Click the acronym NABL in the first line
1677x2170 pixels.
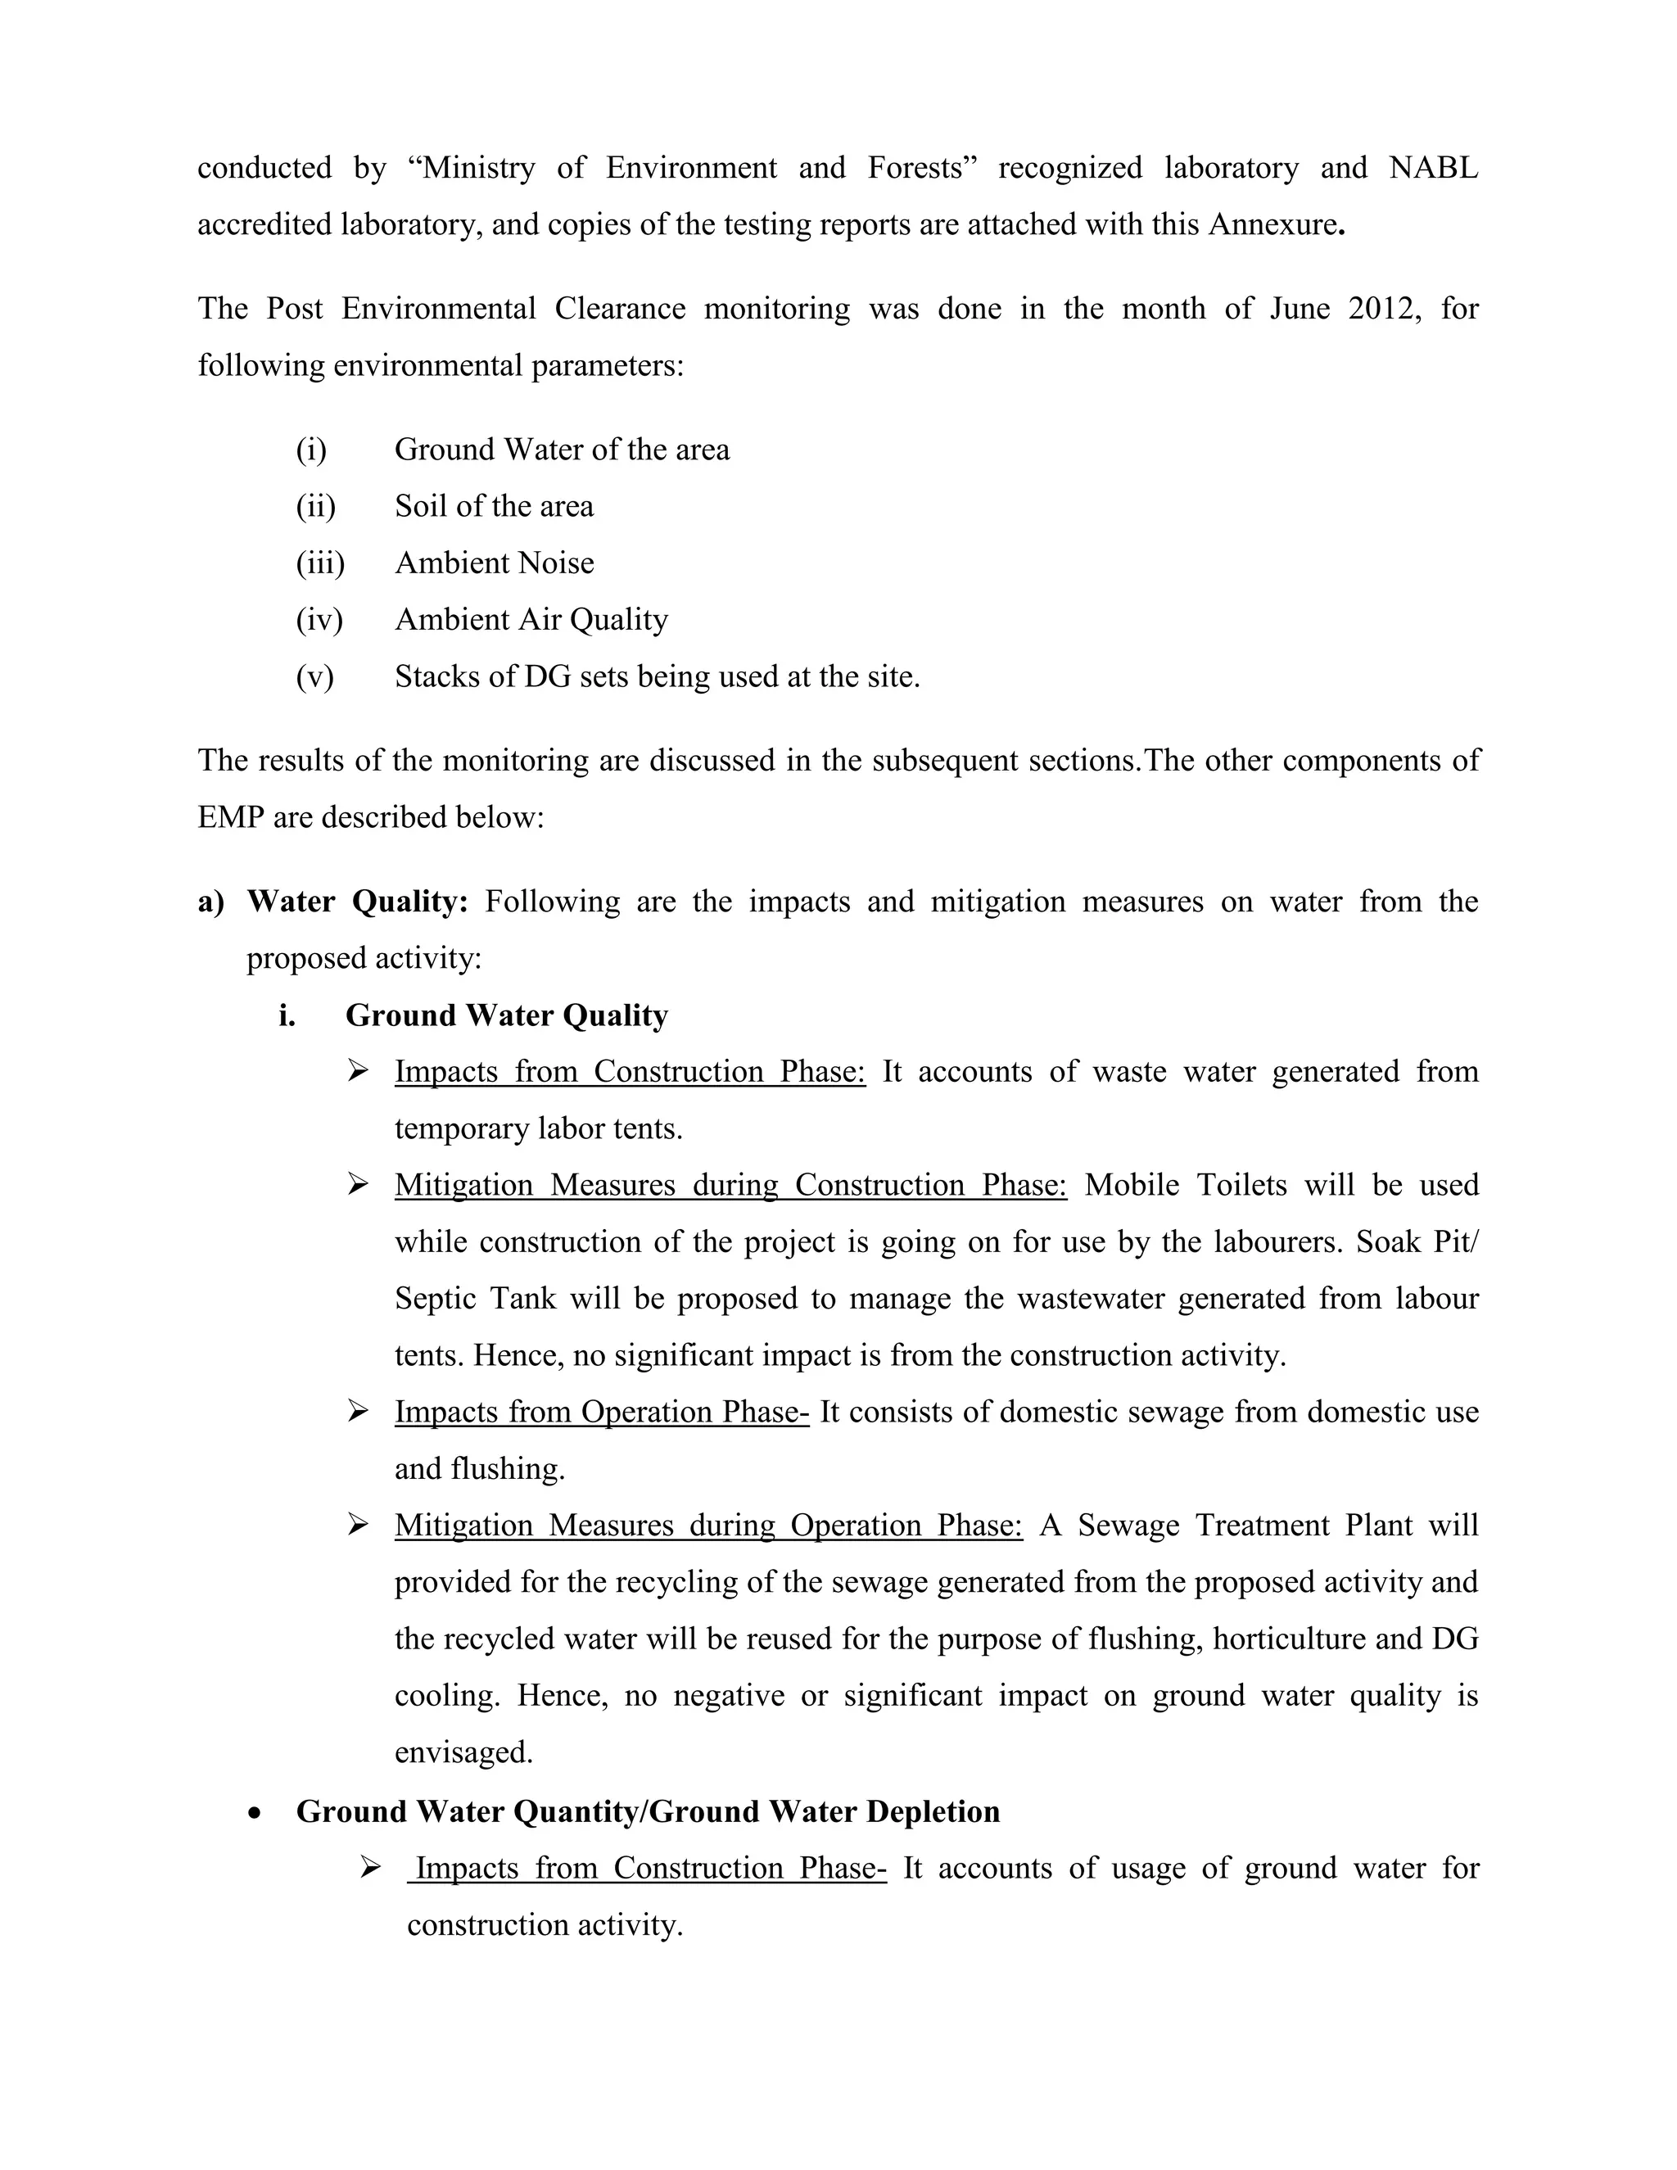pos(1433,168)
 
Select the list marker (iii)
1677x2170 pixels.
pos(320,563)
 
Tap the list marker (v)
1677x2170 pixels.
pos(315,676)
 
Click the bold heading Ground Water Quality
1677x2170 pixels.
pos(507,1015)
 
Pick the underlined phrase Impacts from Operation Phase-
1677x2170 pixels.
pos(601,1412)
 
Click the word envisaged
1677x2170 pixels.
pos(463,1752)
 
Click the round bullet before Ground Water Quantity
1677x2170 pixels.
pos(256,1813)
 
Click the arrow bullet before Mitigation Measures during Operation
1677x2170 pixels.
pos(358,1526)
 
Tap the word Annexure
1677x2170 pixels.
pos(1271,224)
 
